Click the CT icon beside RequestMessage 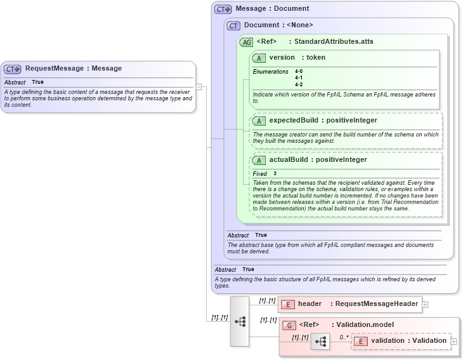tap(13, 69)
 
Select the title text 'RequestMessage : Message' tap(74, 69)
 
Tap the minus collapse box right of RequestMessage tap(199, 87)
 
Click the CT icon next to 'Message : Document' tap(223, 9)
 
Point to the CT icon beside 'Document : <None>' tap(233, 25)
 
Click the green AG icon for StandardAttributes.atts tap(246, 42)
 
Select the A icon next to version tap(259, 58)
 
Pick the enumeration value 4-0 tap(299, 72)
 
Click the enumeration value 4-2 tap(299, 84)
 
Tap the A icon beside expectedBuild tap(259, 121)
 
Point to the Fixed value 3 tap(275, 174)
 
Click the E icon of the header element tap(288, 304)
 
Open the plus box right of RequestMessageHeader tap(426, 305)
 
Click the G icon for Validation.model tap(289, 325)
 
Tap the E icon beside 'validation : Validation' tap(360, 341)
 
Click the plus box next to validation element tap(453, 342)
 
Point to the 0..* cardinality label tap(344, 337)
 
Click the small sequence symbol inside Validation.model tap(320, 342)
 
